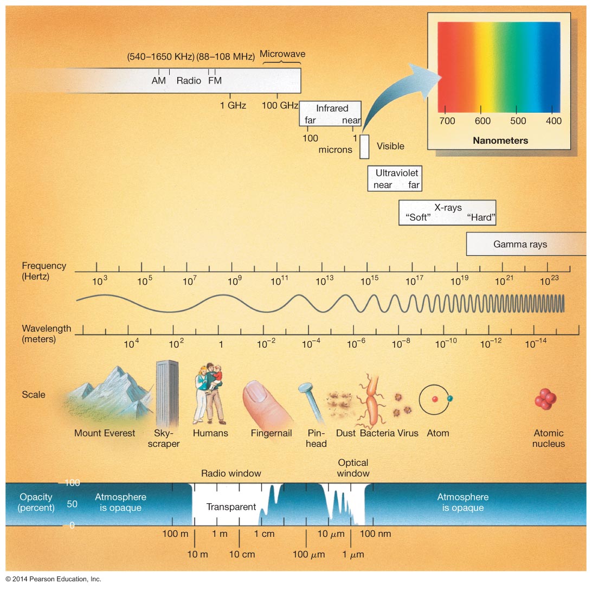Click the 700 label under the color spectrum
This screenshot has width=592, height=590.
(447, 121)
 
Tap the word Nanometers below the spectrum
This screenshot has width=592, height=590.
(500, 140)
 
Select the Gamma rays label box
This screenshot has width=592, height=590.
(520, 244)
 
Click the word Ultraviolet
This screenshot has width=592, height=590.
(397, 173)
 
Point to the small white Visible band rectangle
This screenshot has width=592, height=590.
(364, 146)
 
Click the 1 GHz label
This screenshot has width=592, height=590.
(233, 105)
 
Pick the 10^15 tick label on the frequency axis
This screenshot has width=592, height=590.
(369, 281)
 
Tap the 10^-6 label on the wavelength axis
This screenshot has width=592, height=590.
(356, 344)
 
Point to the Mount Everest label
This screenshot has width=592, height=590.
(105, 433)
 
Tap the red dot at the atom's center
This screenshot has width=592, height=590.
(434, 400)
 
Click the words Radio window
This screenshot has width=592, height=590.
(231, 473)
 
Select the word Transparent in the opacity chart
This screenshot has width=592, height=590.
(231, 507)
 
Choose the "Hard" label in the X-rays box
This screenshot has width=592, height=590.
(481, 218)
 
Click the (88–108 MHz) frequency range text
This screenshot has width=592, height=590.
(226, 56)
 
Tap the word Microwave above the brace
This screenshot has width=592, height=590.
(282, 54)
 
